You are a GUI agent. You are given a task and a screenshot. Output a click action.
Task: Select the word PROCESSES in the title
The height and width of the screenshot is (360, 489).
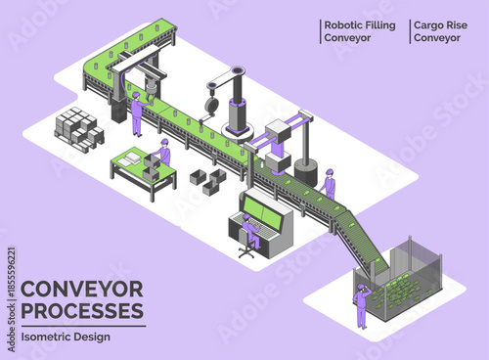(x=81, y=311)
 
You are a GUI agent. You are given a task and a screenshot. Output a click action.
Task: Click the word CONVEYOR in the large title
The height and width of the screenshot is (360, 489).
(x=81, y=290)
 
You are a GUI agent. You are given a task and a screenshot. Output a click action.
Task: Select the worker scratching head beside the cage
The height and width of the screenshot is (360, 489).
(x=361, y=303)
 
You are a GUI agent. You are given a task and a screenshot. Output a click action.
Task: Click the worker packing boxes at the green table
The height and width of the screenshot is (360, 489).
(x=163, y=154)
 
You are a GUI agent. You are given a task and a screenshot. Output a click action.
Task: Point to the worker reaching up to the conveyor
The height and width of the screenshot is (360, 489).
(x=137, y=112)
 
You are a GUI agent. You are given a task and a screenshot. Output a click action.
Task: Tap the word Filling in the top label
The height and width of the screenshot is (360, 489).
(x=381, y=25)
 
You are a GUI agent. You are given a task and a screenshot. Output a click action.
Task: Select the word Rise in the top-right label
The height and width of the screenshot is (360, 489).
(x=463, y=25)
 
